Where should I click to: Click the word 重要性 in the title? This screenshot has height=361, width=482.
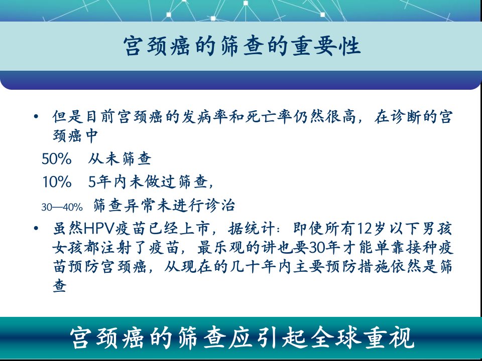pyautogui.click(x=326, y=46)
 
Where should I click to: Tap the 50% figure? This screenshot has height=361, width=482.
pyautogui.click(x=57, y=159)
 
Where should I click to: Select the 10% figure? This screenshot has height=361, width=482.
pyautogui.click(x=57, y=182)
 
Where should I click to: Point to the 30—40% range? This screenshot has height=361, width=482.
pyautogui.click(x=62, y=207)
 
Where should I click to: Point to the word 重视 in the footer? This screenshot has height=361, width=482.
pyautogui.click(x=389, y=338)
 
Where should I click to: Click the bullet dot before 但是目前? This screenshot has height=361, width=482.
pyautogui.click(x=36, y=117)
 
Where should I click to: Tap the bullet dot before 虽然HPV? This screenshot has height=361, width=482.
pyautogui.click(x=36, y=229)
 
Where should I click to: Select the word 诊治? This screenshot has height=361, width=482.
pyautogui.click(x=219, y=206)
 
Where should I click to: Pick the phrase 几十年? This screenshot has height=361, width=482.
pyautogui.click(x=254, y=266)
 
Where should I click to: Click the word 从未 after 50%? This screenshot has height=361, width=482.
pyautogui.click(x=103, y=159)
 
